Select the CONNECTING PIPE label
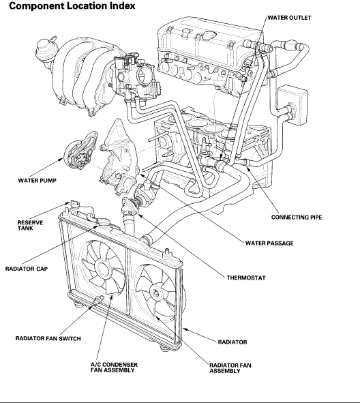click(297, 218)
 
